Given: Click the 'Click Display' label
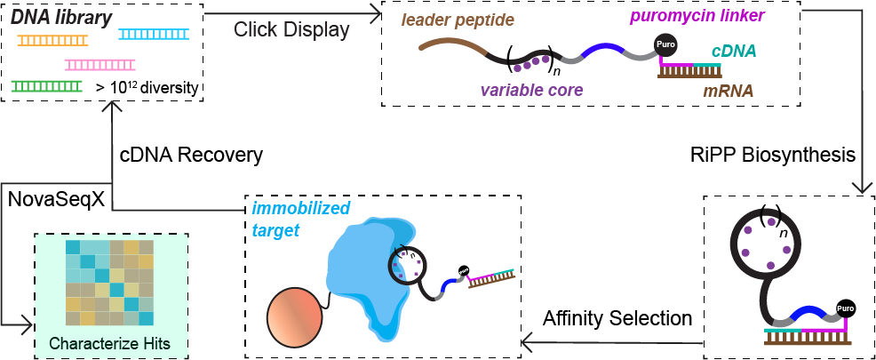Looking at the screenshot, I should (291, 30).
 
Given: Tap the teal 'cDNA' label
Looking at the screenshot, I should (735, 52).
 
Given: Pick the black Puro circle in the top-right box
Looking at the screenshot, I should (665, 44).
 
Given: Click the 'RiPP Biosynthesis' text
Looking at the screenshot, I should (772, 155).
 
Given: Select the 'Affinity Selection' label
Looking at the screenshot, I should (617, 317).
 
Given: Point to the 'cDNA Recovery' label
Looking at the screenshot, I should (191, 155).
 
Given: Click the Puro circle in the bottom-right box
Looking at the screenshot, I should (845, 309).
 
